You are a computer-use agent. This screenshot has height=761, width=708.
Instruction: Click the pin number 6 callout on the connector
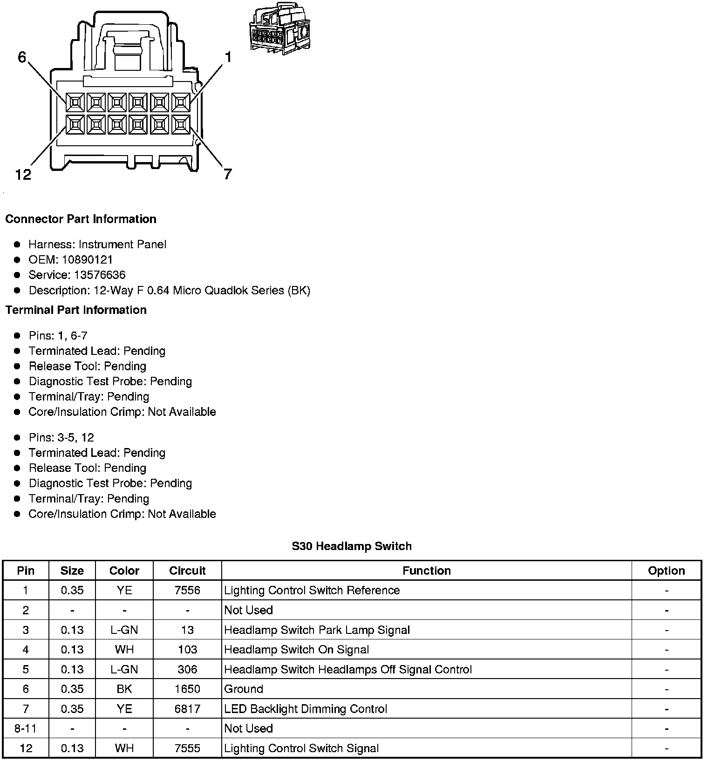click(22, 57)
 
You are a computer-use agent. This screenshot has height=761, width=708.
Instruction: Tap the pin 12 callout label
click(23, 175)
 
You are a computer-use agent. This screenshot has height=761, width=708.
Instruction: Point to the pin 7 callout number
click(227, 175)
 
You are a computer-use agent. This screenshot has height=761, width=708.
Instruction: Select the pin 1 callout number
click(228, 57)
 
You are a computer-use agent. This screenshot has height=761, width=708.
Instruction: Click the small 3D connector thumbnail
click(281, 29)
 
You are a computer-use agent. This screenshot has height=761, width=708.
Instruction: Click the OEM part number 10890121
click(87, 259)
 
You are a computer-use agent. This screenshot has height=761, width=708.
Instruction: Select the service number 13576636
click(100, 275)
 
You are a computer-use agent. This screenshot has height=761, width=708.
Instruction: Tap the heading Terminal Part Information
click(76, 310)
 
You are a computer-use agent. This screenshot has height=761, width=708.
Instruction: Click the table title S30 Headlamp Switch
click(352, 546)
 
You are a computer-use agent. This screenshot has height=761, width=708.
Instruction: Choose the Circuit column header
click(187, 571)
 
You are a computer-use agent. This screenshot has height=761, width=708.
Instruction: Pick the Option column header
click(666, 571)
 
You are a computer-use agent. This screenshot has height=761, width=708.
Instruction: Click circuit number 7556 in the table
click(187, 590)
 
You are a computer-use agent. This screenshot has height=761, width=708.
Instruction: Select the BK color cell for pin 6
click(124, 689)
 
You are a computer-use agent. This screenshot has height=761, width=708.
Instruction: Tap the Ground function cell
click(244, 689)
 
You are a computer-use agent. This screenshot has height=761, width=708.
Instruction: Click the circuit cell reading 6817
click(187, 709)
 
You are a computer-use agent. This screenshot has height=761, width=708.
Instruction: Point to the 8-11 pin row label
click(26, 728)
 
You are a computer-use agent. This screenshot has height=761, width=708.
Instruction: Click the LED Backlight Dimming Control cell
click(306, 709)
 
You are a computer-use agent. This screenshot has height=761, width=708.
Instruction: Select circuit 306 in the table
click(187, 669)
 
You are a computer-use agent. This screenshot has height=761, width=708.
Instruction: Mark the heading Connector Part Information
click(81, 219)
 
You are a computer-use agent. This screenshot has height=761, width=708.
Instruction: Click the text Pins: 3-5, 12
click(61, 437)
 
